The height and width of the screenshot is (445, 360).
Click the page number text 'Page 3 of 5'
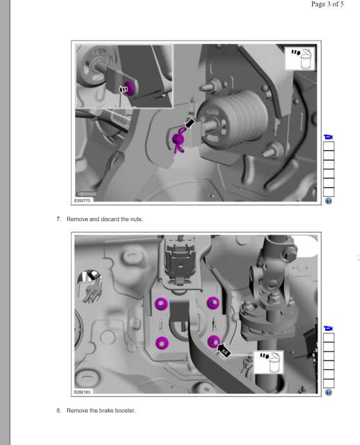pyautogui.click(x=327, y=5)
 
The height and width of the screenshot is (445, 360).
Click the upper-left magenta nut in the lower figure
pyautogui.click(x=161, y=304)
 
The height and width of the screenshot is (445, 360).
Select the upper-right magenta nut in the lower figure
pyautogui.click(x=213, y=303)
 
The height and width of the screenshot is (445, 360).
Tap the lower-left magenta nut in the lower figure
pyautogui.click(x=162, y=343)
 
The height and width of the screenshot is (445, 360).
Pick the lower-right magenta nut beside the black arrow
pyautogui.click(x=214, y=341)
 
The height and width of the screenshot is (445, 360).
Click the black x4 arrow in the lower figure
pyautogui.click(x=224, y=351)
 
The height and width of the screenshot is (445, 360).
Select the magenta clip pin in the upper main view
pyautogui.click(x=179, y=140)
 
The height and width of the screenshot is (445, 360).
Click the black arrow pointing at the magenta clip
pyautogui.click(x=190, y=123)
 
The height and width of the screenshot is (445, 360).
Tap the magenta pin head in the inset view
pyautogui.click(x=130, y=88)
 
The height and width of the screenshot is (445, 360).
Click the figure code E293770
pyautogui.click(x=83, y=201)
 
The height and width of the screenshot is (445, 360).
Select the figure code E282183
pyautogui.click(x=83, y=392)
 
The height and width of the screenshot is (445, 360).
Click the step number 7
pyautogui.click(x=59, y=219)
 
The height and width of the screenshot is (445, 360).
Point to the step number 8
pyautogui.click(x=59, y=410)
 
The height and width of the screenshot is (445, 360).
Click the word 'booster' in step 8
pyautogui.click(x=125, y=410)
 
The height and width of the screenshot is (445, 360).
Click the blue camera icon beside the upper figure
pyautogui.click(x=328, y=137)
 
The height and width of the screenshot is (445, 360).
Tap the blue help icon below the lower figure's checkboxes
pyautogui.click(x=328, y=393)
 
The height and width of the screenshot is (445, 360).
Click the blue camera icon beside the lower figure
pyautogui.click(x=328, y=328)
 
